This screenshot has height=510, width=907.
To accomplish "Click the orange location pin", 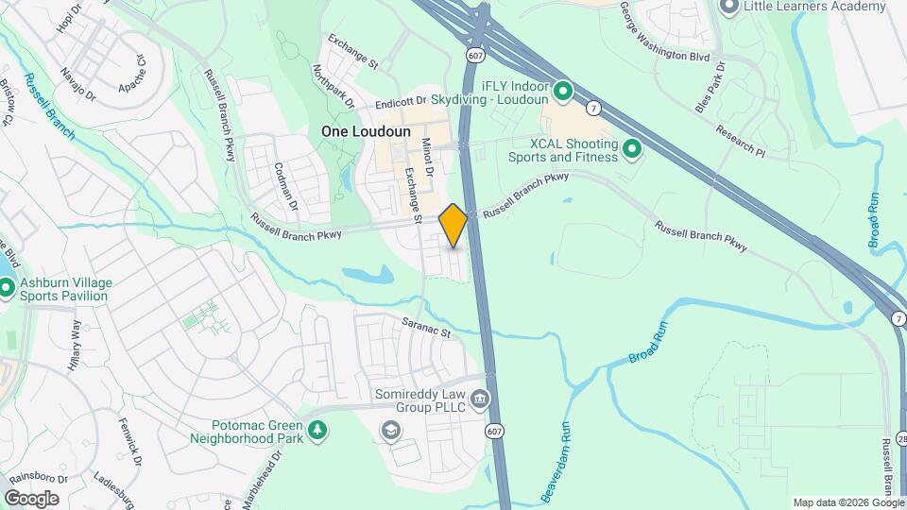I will click(453, 225).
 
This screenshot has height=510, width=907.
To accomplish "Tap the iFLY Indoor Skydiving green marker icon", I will click(563, 92).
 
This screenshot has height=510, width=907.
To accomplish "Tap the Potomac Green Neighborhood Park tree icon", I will click(319, 431).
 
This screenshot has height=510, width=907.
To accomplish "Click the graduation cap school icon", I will click(389, 432).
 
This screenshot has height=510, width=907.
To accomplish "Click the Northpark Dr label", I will click(333, 86).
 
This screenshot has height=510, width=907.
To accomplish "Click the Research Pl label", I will click(740, 140).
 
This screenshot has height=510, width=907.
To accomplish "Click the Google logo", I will click(31, 498).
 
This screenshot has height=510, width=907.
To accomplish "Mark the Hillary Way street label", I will click(75, 347).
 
